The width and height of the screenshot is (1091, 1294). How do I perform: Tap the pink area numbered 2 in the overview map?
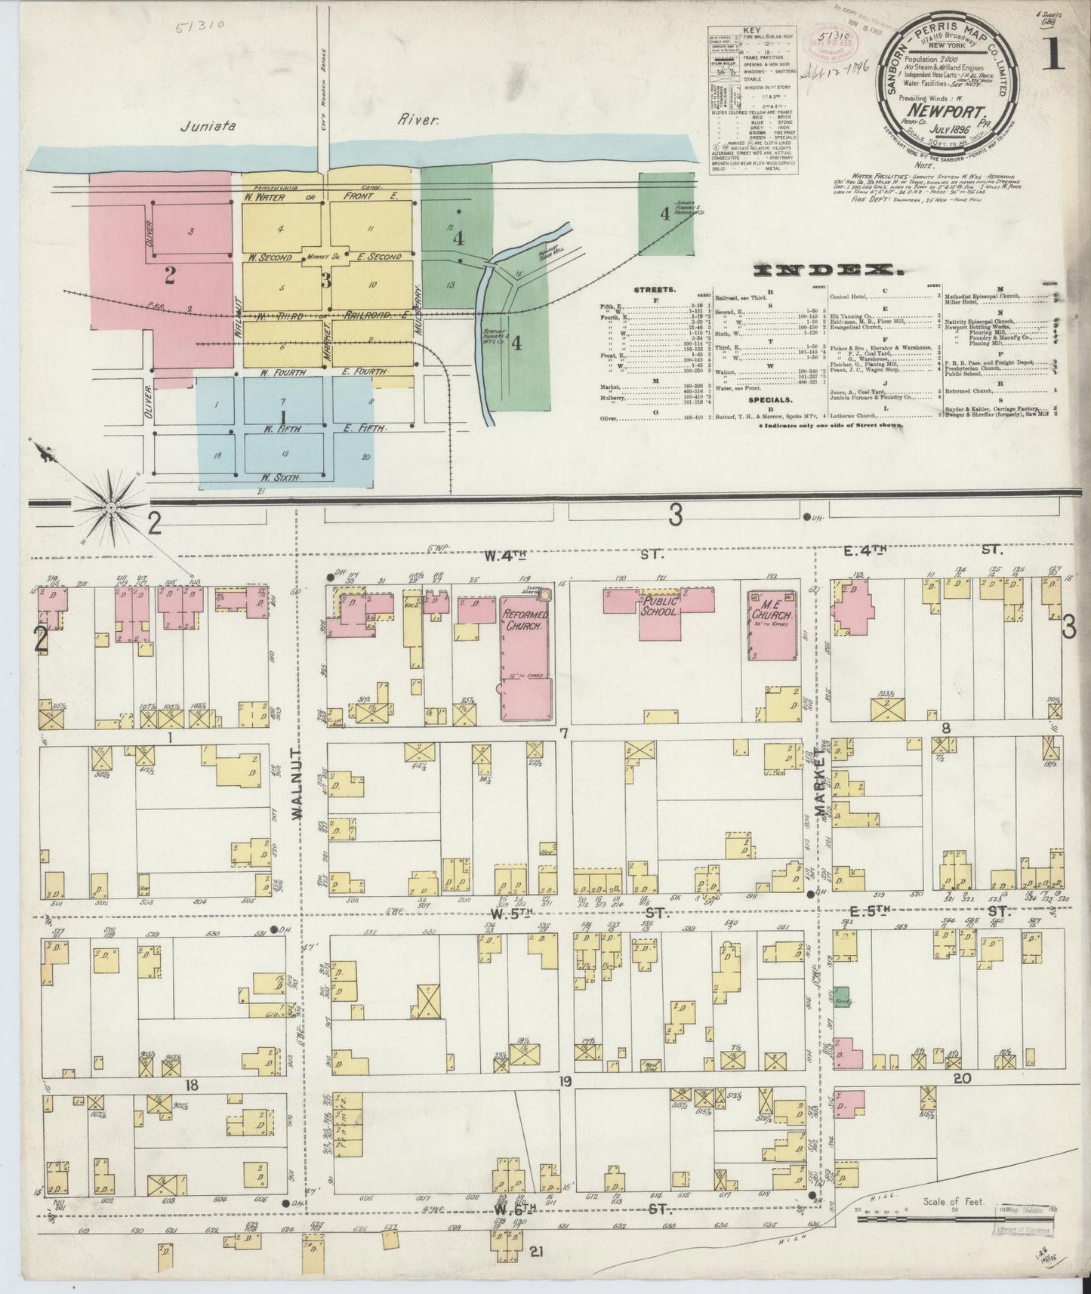(x=170, y=276)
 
